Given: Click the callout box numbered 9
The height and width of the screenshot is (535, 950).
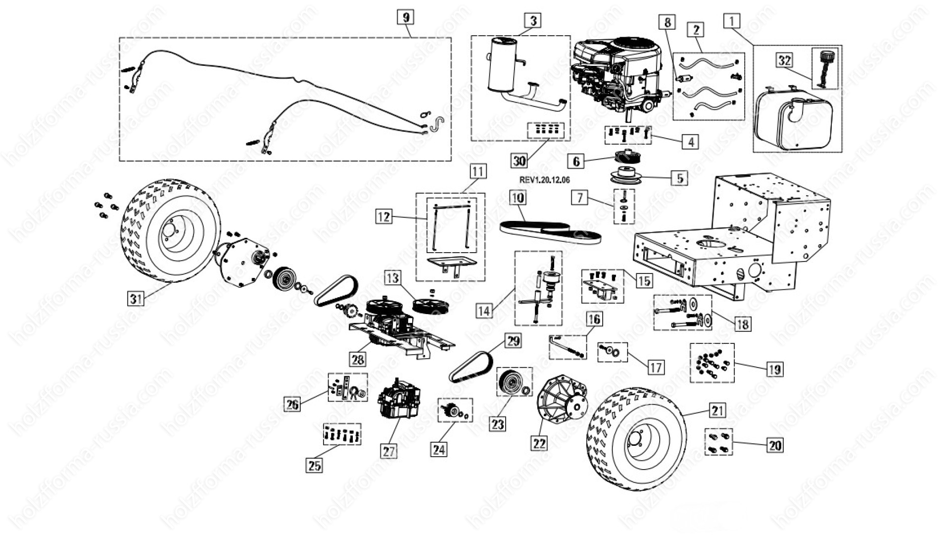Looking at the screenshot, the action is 406,17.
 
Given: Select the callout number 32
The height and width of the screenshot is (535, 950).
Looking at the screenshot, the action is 784,60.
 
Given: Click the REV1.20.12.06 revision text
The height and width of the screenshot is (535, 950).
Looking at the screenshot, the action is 544,180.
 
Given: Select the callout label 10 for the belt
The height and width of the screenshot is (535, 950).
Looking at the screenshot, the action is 518,198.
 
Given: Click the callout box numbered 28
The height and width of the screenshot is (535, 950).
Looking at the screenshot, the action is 358,359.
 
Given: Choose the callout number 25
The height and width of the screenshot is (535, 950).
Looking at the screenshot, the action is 315,465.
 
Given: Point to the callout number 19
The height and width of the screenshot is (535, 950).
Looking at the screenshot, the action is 774,369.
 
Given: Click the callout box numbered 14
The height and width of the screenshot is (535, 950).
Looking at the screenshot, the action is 484,311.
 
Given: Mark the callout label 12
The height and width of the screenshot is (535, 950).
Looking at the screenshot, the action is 384,216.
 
